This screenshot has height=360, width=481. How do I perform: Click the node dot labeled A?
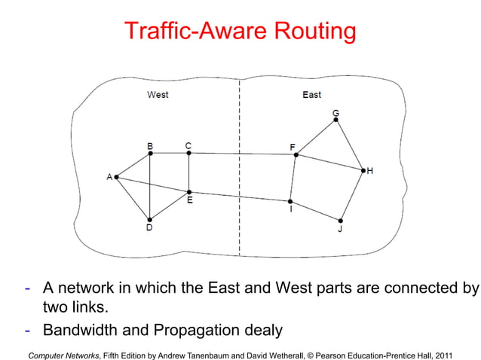(x=116, y=177)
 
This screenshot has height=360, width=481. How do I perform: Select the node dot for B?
(x=151, y=153)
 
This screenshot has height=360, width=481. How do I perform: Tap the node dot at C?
(x=188, y=153)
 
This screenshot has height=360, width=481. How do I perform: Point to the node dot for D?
(x=150, y=218)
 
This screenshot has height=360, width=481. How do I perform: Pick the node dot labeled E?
(x=188, y=191)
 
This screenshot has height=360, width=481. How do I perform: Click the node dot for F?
(x=296, y=155)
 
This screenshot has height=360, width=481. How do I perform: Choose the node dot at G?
(x=335, y=119)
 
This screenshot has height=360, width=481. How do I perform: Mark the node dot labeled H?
(x=363, y=171)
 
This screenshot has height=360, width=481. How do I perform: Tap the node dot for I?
(x=290, y=201)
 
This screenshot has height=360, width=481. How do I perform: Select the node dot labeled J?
(x=341, y=220)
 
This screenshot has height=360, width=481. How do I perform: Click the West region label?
(x=158, y=95)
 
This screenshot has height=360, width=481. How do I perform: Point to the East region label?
(x=311, y=95)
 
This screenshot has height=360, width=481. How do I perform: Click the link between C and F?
(x=241, y=154)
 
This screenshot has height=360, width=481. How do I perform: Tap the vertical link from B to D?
(x=151, y=186)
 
